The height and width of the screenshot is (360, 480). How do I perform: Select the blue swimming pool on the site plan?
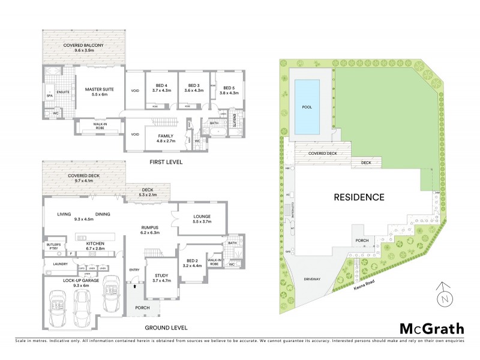tap(307, 107)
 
